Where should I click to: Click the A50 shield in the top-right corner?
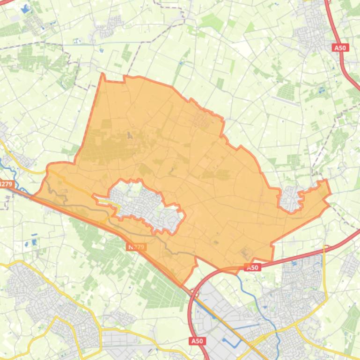pyautogui.click(x=340, y=48)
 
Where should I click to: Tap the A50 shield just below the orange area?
pyautogui.click(x=252, y=267)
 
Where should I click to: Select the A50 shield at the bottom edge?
pyautogui.click(x=197, y=341)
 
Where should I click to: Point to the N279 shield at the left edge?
pyautogui.click(x=6, y=184)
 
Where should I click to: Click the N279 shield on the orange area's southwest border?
pyautogui.click(x=136, y=246)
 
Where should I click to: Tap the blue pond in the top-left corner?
pyautogui.click(x=24, y=8)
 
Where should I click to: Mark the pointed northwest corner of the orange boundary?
pyautogui.click(x=103, y=74)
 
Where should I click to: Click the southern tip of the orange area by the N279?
pyautogui.click(x=183, y=285)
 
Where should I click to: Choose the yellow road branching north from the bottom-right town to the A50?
pyautogui.click(x=324, y=271)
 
